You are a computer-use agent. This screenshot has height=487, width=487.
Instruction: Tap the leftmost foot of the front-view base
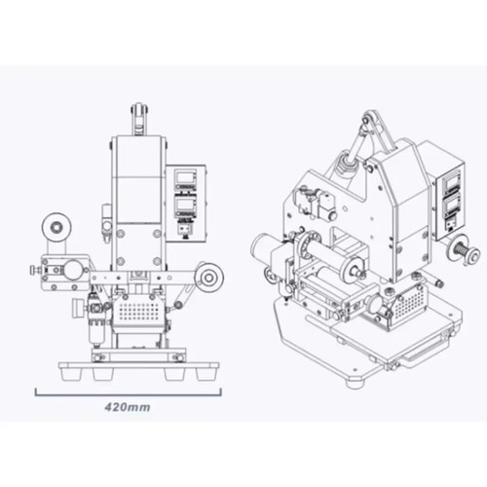tap(71, 374)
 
